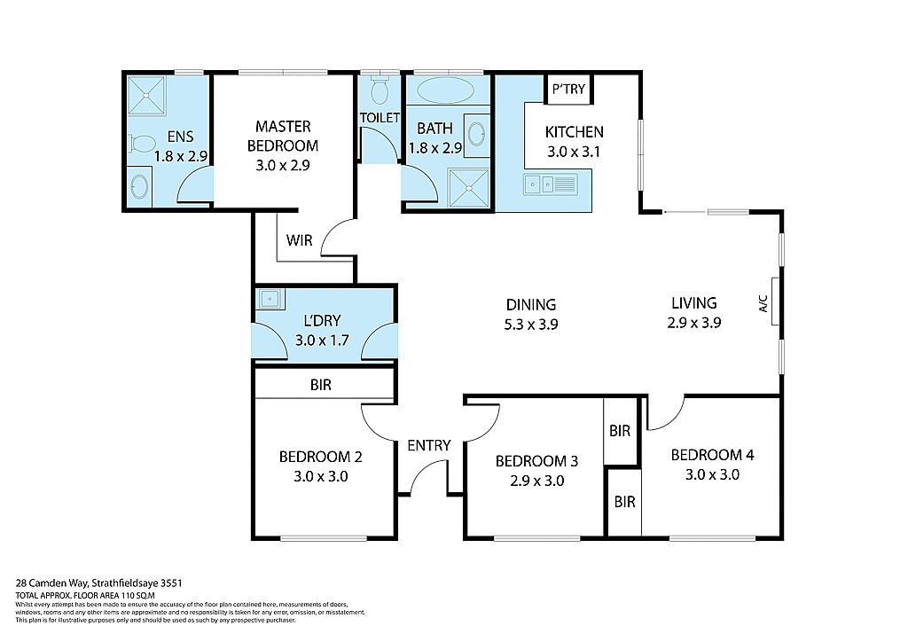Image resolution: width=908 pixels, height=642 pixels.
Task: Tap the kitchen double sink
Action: coord(550,184)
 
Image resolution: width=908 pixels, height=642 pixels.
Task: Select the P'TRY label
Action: coord(568,90)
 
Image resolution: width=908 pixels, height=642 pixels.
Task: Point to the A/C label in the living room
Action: coord(763,304)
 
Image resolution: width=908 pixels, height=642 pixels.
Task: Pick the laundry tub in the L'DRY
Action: coord(269,300)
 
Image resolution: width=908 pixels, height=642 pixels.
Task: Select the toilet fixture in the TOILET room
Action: coord(380,90)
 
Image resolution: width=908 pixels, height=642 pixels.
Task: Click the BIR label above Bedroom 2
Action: coord(321,386)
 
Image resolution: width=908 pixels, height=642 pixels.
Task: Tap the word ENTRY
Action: coord(429,445)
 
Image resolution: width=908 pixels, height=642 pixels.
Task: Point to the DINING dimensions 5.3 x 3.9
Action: coord(531,324)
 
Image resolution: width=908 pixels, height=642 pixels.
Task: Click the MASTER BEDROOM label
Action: coord(282,136)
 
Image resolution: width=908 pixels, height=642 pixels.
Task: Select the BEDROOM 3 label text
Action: coord(536,461)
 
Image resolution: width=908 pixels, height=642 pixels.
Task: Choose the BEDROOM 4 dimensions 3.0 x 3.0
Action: coord(712,474)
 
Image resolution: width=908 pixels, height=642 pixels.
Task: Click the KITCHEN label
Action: coord(574,132)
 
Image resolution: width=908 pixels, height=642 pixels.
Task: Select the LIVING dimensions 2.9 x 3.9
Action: coord(694,323)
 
